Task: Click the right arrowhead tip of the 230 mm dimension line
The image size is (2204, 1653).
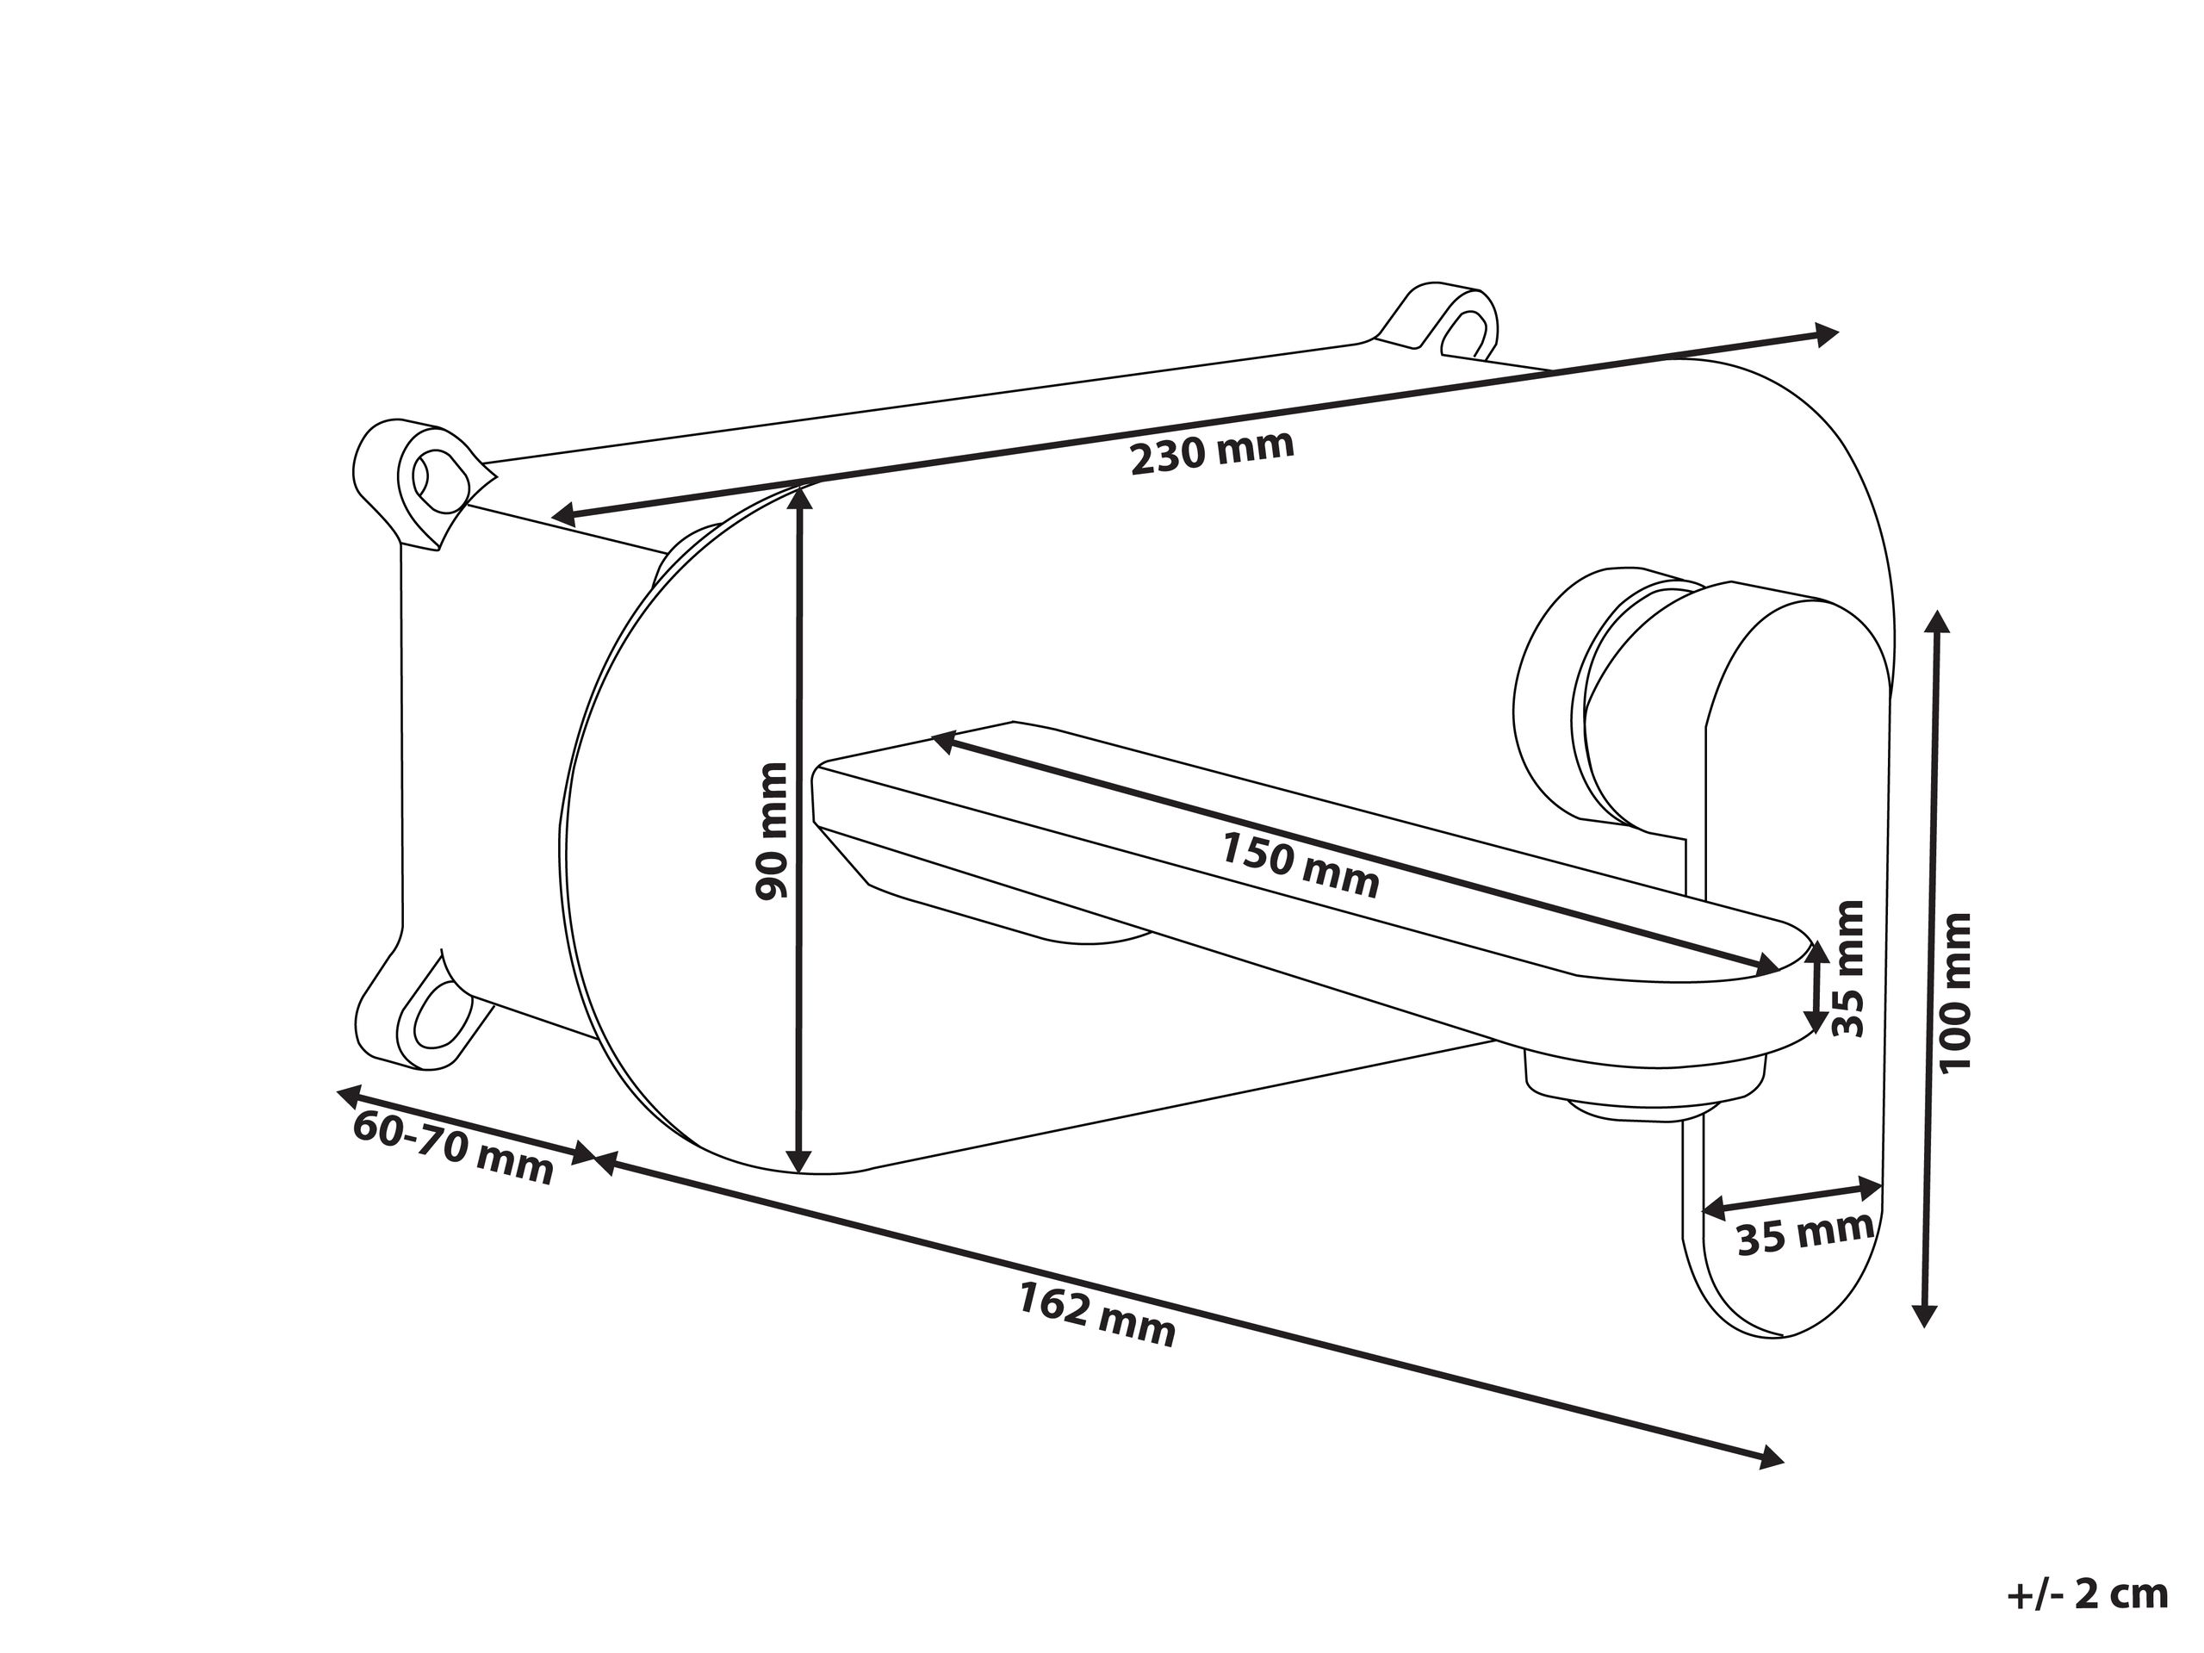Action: pyautogui.click(x=1838, y=332)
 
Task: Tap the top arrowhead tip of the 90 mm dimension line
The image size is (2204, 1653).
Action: pyautogui.click(x=798, y=488)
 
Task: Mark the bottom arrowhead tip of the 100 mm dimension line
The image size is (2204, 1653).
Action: pyautogui.click(x=1925, y=1327)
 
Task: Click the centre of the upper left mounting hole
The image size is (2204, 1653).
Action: pyautogui.click(x=438, y=476)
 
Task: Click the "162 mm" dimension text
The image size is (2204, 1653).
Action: pyautogui.click(x=1097, y=1314)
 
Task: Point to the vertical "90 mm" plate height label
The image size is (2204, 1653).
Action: pyautogui.click(x=771, y=831)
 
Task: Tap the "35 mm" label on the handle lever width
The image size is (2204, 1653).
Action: pyautogui.click(x=1804, y=1234)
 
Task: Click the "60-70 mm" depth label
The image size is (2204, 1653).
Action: pyautogui.click(x=453, y=1148)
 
